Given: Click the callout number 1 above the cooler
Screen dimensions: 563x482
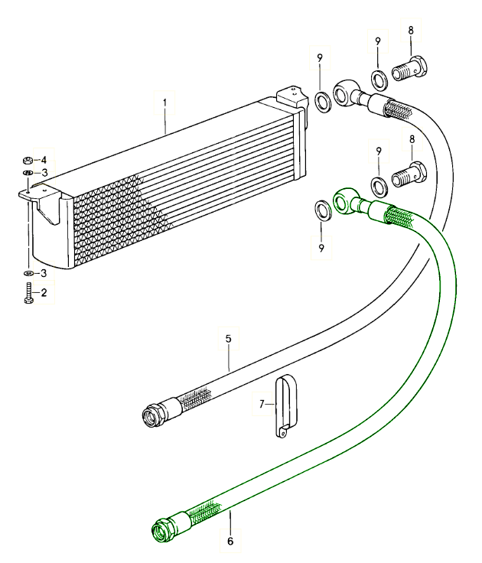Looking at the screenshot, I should (x=164, y=101).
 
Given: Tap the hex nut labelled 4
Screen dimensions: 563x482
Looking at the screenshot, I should (x=28, y=161).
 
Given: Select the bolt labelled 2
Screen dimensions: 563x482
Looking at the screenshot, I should (x=28, y=294).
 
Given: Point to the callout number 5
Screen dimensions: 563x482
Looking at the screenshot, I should (x=227, y=337).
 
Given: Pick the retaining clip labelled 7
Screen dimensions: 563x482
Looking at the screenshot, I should (x=285, y=405).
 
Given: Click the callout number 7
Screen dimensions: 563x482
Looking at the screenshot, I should (x=262, y=402).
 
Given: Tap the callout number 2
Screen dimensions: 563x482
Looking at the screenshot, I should (x=44, y=293).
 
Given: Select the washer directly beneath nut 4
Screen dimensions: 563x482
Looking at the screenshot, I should (x=28, y=174).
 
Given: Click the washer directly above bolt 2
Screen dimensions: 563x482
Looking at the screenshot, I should (x=28, y=273).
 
